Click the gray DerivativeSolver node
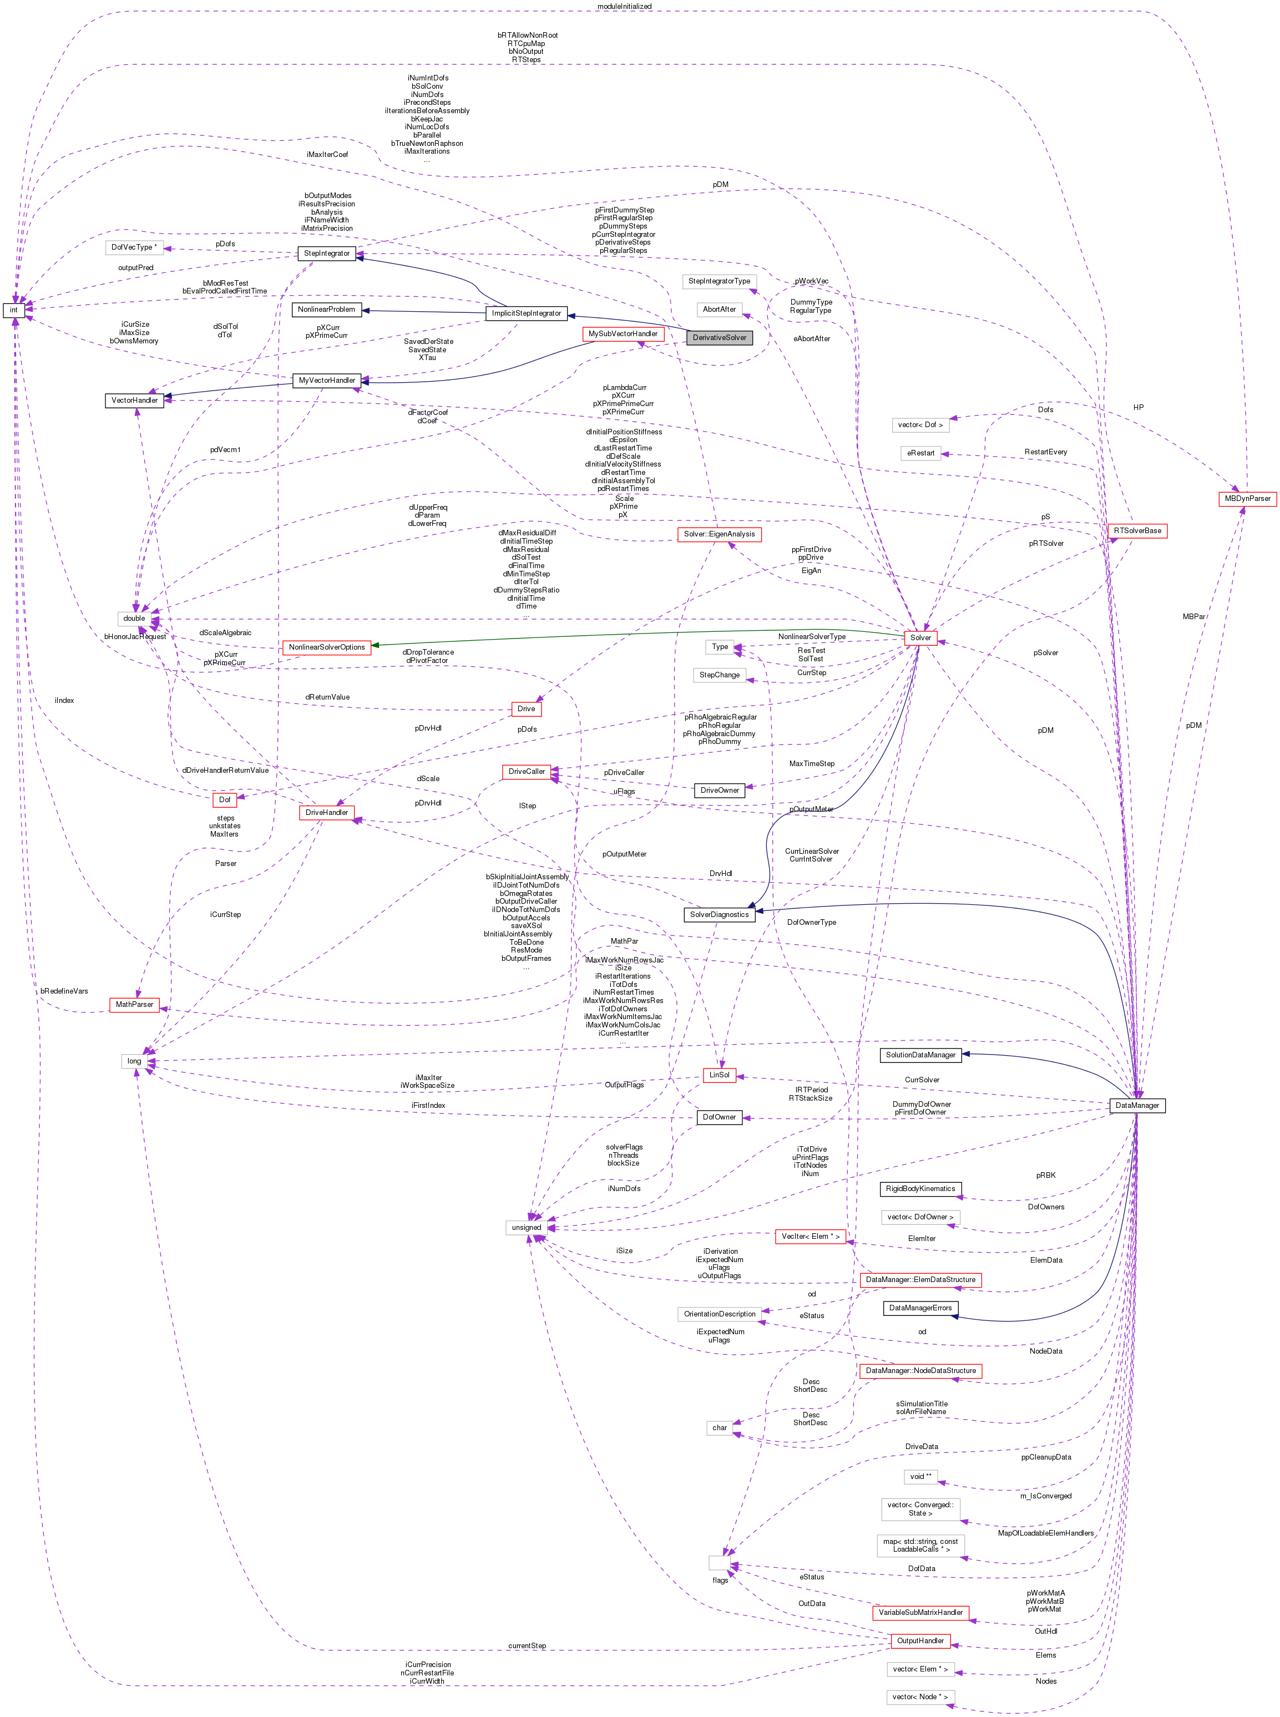[x=719, y=338]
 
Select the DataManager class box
[x=1137, y=1105]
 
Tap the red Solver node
[x=920, y=637]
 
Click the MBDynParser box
[x=1247, y=498]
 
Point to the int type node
[x=13, y=310]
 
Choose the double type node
[x=134, y=619]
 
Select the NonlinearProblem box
[x=326, y=309]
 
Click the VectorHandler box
[x=134, y=401]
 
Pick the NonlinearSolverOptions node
[x=326, y=647]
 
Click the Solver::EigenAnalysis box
[x=719, y=534]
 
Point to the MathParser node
[x=134, y=1004]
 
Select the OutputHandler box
[x=920, y=1640]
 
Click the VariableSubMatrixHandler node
[x=920, y=1612]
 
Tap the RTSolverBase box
[x=1137, y=531]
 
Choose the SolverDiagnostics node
[x=719, y=914]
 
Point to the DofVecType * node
[x=134, y=247]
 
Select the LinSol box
[x=719, y=1075]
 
